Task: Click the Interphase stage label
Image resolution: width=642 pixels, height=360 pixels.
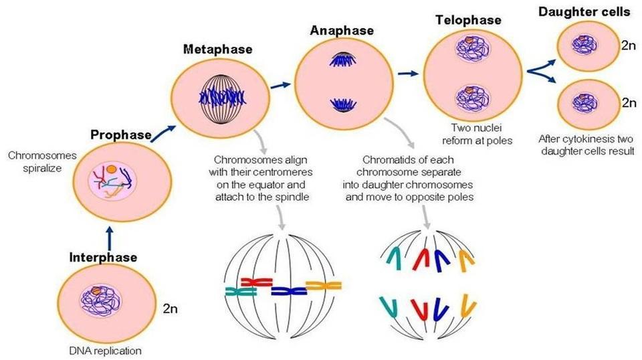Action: coord(104,257)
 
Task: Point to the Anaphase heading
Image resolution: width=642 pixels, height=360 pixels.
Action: coord(342,31)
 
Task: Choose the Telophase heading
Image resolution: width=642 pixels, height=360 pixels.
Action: coord(467,20)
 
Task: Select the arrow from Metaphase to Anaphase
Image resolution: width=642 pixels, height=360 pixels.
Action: coord(283,86)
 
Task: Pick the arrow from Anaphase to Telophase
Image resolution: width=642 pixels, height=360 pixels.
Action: coord(410,70)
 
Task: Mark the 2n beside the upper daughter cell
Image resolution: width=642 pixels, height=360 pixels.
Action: coord(629,45)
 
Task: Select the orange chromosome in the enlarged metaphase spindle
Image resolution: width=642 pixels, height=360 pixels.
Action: coord(320,286)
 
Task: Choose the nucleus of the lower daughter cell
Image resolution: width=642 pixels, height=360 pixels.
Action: coord(581,103)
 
